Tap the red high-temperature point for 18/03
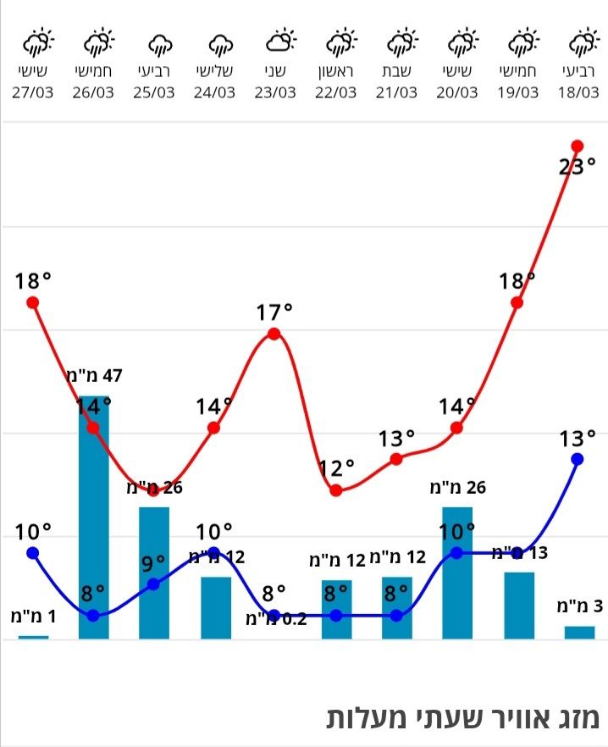(578, 146)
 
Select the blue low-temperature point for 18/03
(578, 459)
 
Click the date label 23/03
(274, 92)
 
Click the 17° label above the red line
(274, 313)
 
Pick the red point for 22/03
(336, 490)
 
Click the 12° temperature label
(336, 468)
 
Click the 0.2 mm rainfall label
(276, 618)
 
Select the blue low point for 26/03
(93, 615)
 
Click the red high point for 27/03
(33, 302)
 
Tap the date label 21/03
(396, 92)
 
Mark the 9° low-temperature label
(153, 563)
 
